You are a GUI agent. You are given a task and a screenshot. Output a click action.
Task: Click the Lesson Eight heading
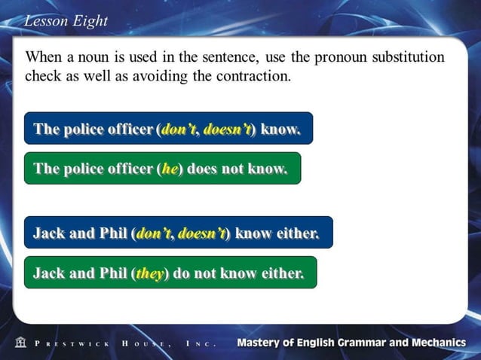pos(66,21)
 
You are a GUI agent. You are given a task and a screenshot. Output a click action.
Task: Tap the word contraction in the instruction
pos(250,76)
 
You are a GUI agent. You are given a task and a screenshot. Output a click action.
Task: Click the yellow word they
pos(150,273)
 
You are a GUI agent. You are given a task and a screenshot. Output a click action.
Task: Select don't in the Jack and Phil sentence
pos(154,233)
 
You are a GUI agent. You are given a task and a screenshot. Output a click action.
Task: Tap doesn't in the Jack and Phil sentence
pos(201,233)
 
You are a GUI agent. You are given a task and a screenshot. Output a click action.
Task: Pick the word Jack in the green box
pos(48,273)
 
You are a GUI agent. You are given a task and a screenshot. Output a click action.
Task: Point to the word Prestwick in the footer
pos(72,343)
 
